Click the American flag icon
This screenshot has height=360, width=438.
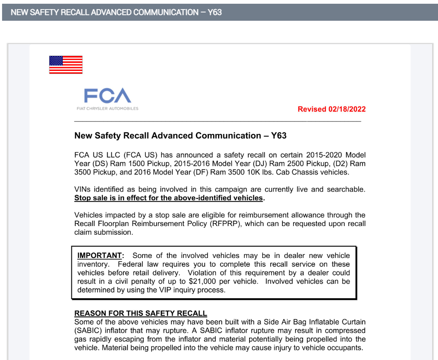point(66,65)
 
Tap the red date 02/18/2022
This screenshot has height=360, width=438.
point(347,109)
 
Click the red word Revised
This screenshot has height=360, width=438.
point(312,109)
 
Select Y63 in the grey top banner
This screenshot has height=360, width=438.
point(215,12)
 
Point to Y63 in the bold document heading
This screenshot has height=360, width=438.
point(279,136)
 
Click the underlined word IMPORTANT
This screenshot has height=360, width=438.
point(100,255)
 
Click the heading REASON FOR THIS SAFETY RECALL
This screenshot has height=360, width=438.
point(140,314)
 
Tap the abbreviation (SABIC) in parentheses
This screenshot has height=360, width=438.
point(88,331)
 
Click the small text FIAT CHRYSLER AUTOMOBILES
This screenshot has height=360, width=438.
point(108,109)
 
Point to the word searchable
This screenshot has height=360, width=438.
point(345,190)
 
